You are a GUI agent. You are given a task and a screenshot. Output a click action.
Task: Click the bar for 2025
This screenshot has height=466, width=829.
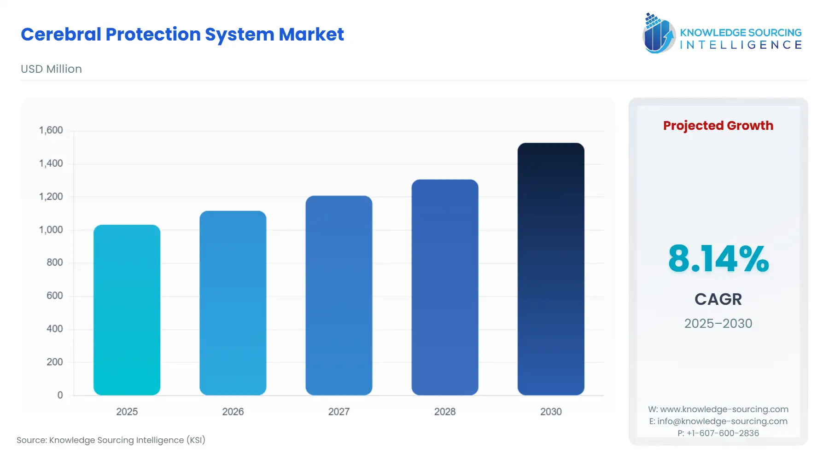point(127,310)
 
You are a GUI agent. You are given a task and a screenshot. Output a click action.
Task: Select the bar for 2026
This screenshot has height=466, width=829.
point(233,303)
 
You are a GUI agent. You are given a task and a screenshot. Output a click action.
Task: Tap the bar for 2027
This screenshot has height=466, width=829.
point(339,295)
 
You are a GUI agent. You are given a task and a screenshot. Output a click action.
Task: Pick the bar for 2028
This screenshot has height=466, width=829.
point(444,287)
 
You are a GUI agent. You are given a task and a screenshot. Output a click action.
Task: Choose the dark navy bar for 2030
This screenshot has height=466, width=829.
point(550,269)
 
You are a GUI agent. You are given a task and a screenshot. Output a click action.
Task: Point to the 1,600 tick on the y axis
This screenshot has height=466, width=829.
point(51,130)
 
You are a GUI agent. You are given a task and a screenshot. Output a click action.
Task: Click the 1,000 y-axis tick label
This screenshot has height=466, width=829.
point(51,230)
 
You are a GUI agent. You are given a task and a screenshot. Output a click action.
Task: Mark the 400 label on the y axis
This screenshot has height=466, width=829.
point(54,329)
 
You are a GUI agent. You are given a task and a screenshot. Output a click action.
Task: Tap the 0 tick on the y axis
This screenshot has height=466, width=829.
point(60,395)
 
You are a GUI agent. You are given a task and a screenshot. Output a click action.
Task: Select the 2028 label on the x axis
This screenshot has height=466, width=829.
point(444,412)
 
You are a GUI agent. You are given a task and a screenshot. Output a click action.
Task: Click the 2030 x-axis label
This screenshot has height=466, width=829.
point(551,412)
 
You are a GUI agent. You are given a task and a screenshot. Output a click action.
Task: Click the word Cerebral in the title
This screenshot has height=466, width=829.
point(61,35)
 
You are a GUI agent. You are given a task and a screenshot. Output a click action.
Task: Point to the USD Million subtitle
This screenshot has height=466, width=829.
point(51,69)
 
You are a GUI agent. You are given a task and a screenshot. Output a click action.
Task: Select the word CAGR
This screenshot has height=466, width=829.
point(718,299)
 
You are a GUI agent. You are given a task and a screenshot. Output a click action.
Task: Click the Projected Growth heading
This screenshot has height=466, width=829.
point(718,126)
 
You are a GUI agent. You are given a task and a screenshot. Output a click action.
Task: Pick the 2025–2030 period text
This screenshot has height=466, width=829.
point(718,323)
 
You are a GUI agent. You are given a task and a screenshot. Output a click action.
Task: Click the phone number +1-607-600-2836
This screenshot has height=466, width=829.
point(723,433)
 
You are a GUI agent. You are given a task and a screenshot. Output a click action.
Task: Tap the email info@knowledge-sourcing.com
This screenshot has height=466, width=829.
point(722,421)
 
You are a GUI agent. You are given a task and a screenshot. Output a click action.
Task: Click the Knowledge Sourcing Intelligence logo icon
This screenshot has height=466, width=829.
point(659,33)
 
